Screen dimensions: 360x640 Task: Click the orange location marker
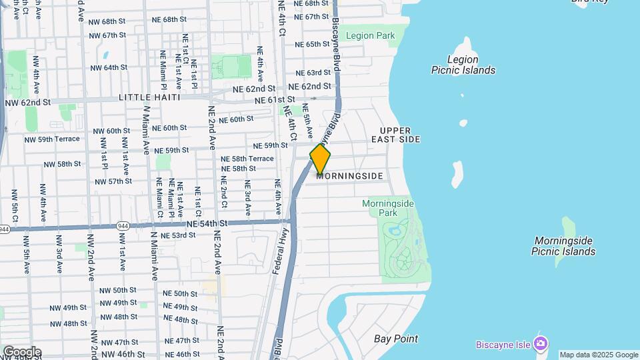320,160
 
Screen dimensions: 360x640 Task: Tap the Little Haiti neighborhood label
150,97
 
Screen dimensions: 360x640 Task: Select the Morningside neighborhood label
355,176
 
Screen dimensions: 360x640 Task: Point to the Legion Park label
371,36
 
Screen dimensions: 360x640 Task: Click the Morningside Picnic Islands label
563,246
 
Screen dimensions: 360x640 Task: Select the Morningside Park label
388,207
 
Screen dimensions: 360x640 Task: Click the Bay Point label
396,339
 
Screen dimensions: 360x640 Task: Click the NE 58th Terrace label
247,159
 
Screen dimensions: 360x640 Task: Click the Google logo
21,352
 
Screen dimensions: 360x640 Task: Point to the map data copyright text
599,355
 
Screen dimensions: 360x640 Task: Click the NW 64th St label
109,67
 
